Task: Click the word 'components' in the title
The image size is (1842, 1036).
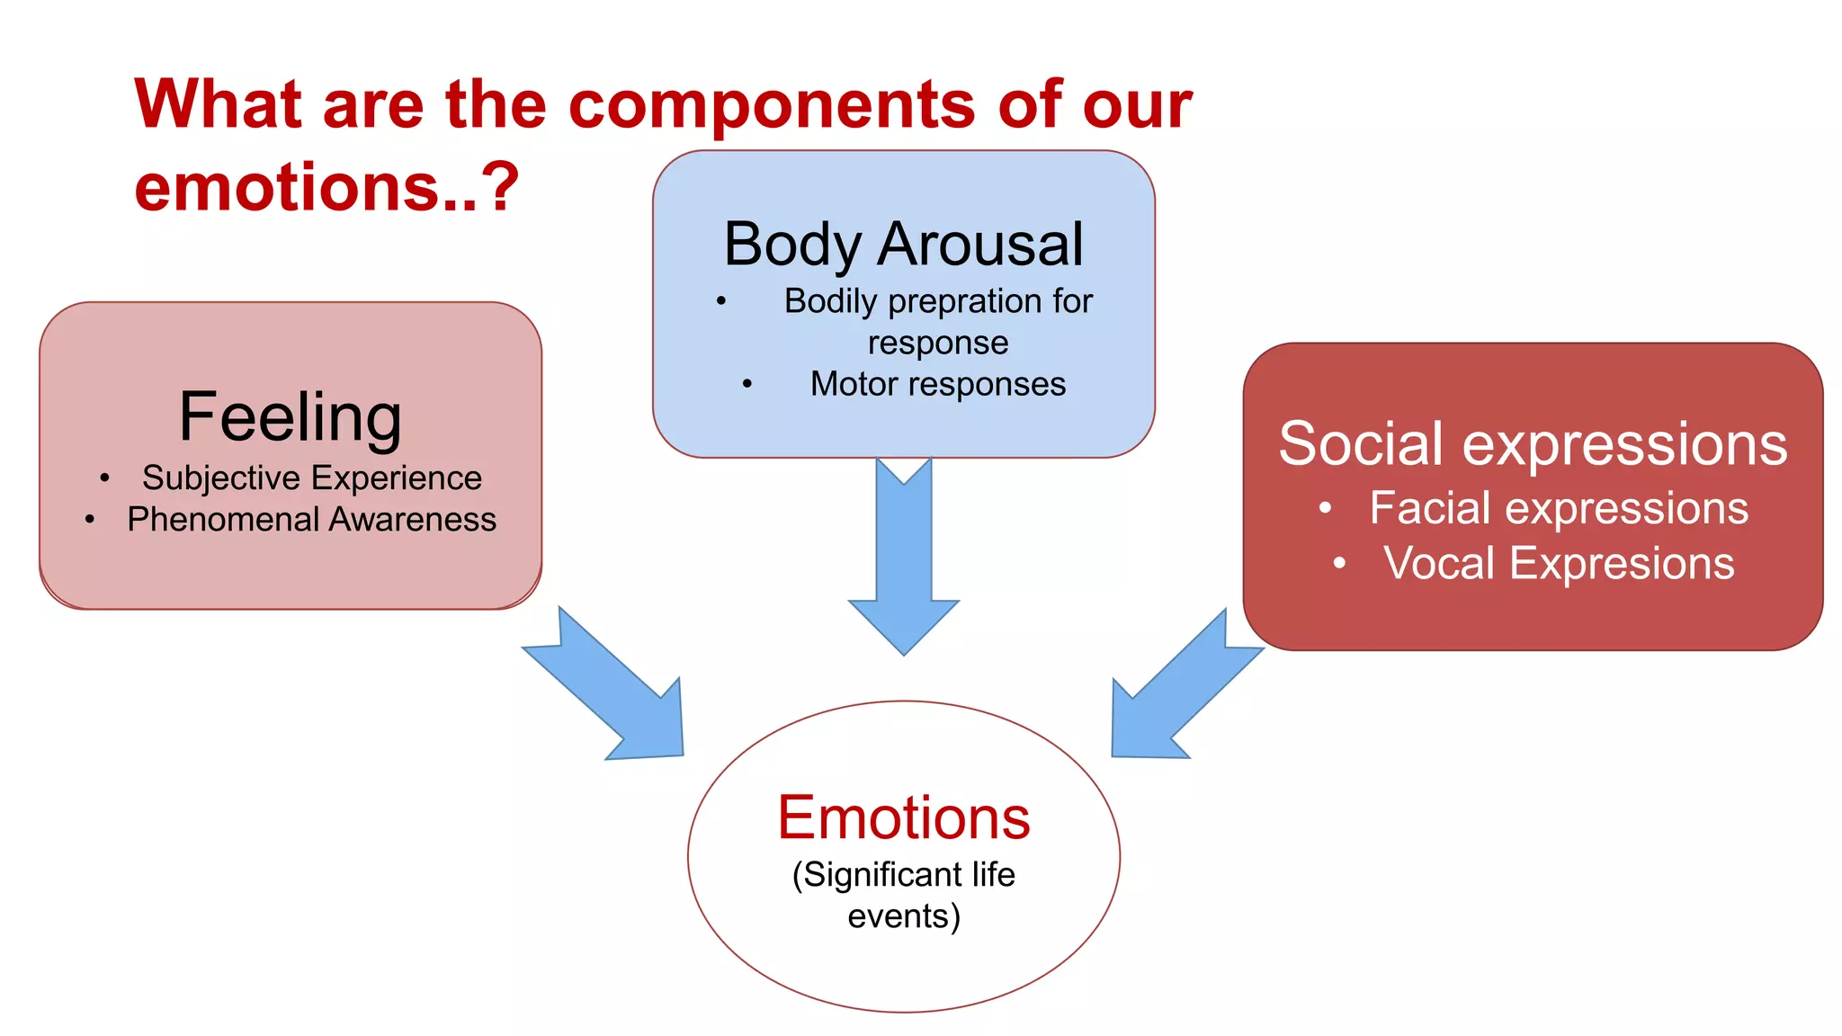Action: (772, 105)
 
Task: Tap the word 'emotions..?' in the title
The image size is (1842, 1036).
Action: (326, 187)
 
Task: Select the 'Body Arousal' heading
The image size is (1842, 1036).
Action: (903, 245)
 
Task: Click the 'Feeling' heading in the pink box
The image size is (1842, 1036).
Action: (290, 417)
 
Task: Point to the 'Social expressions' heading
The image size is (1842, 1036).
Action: (1533, 444)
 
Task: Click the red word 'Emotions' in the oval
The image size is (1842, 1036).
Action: (904, 818)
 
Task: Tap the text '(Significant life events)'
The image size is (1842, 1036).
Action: (904, 895)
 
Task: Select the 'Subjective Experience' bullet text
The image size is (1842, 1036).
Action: (311, 478)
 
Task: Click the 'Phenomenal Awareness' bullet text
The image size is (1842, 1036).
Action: (311, 520)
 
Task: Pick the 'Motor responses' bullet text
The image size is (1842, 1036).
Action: (937, 384)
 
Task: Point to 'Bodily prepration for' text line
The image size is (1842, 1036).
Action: (937, 301)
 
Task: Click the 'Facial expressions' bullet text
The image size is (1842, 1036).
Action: (1559, 508)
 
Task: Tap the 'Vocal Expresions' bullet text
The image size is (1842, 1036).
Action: (1559, 564)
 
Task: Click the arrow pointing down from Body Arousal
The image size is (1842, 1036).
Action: (904, 558)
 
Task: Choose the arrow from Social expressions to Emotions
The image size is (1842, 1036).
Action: (1178, 692)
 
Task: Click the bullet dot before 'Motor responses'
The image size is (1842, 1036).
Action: (747, 385)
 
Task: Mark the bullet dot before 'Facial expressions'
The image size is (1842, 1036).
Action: (1325, 509)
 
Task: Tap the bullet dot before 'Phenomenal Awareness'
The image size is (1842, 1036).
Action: (90, 520)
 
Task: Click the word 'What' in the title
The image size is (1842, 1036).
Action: (217, 105)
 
